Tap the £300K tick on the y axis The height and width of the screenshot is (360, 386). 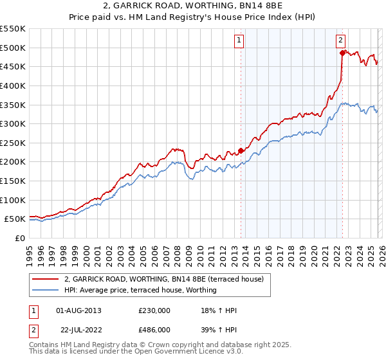[x=12, y=123]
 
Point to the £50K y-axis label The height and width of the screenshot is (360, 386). [x=15, y=219]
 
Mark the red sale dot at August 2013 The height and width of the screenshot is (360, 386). [x=241, y=150]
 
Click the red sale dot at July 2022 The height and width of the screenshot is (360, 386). [x=342, y=53]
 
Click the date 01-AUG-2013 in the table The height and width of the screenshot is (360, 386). [x=78, y=310]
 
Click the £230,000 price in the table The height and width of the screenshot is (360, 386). [x=154, y=310]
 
